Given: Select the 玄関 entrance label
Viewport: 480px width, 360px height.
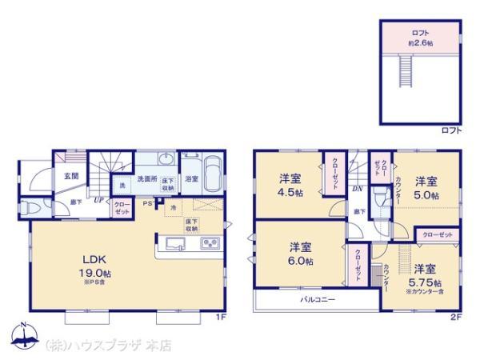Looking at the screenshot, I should [70, 176].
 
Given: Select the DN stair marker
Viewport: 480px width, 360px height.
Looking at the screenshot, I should [357, 190].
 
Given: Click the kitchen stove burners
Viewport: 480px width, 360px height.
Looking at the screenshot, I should [211, 243].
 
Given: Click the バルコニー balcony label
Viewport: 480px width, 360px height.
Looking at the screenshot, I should [318, 299].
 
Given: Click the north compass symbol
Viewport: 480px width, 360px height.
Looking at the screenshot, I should [23, 337].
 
